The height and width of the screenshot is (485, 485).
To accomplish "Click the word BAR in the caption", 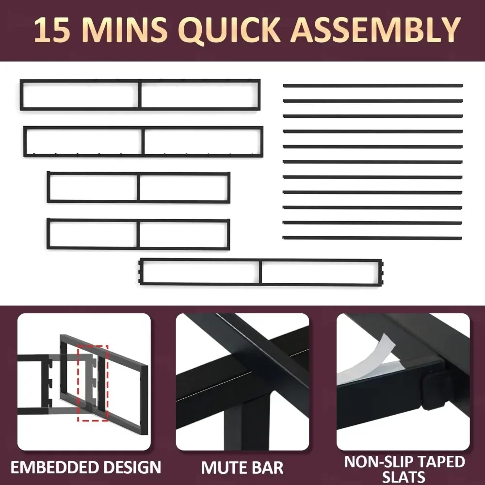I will coord(268,468).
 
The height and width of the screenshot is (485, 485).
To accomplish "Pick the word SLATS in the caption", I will coord(404,477).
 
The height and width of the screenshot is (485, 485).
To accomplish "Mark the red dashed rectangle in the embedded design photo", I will coord(93,383).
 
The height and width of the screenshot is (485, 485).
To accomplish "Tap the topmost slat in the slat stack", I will coord(372,86).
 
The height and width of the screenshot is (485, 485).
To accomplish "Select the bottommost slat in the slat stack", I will coord(372,238).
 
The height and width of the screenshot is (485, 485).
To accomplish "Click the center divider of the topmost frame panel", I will coord(140,95).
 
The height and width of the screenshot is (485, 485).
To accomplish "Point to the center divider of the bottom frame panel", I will coord(261,272).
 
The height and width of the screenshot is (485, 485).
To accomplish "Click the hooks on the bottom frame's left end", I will coord(141,272).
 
